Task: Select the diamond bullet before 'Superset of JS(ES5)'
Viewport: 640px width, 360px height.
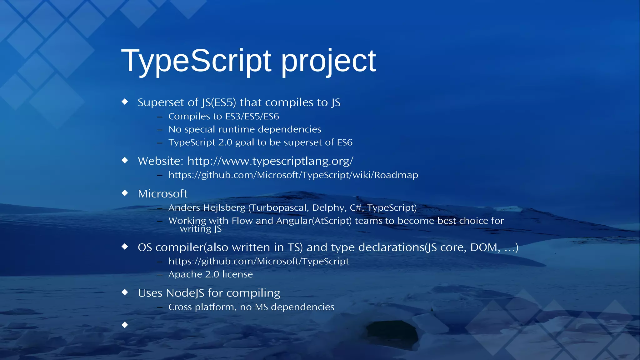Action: (x=125, y=102)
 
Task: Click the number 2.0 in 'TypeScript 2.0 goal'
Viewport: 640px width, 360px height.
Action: (x=225, y=142)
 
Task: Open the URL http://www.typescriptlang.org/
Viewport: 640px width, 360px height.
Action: (x=270, y=161)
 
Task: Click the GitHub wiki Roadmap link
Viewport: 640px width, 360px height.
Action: (x=293, y=175)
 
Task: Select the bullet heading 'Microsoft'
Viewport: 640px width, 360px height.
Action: (x=162, y=194)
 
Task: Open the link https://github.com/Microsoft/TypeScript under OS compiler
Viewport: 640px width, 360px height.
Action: (x=258, y=261)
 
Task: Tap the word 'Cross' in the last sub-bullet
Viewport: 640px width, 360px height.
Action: (x=180, y=307)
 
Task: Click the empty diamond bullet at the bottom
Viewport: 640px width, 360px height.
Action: (x=125, y=325)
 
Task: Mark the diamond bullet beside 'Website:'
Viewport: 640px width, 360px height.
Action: (x=125, y=160)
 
